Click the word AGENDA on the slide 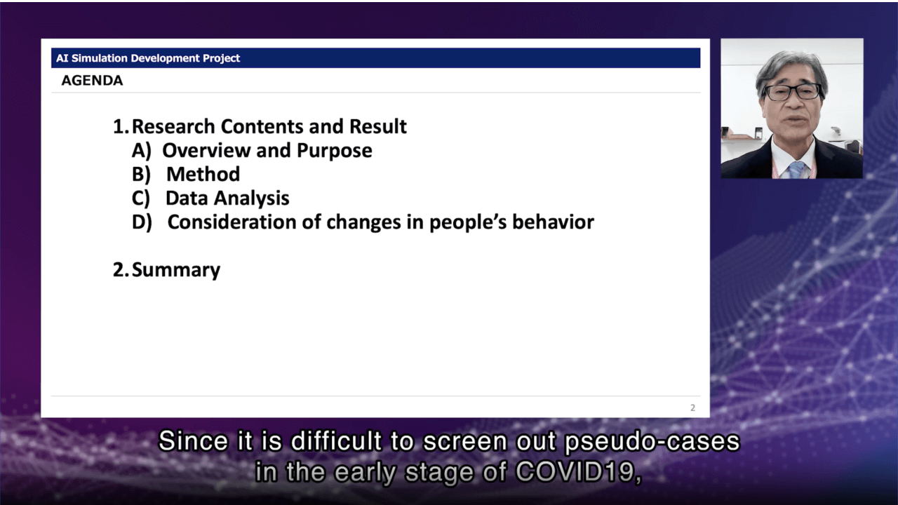(x=92, y=81)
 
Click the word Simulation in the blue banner (x=100, y=58)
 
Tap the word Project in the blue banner (x=221, y=58)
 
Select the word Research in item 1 (x=173, y=126)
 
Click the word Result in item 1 (x=377, y=126)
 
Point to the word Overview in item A (x=206, y=150)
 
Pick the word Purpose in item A (x=335, y=151)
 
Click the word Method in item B (x=203, y=175)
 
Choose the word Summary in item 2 (x=176, y=271)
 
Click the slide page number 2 (x=692, y=408)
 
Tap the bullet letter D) (x=142, y=222)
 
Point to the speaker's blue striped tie (x=796, y=170)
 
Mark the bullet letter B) (x=141, y=175)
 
